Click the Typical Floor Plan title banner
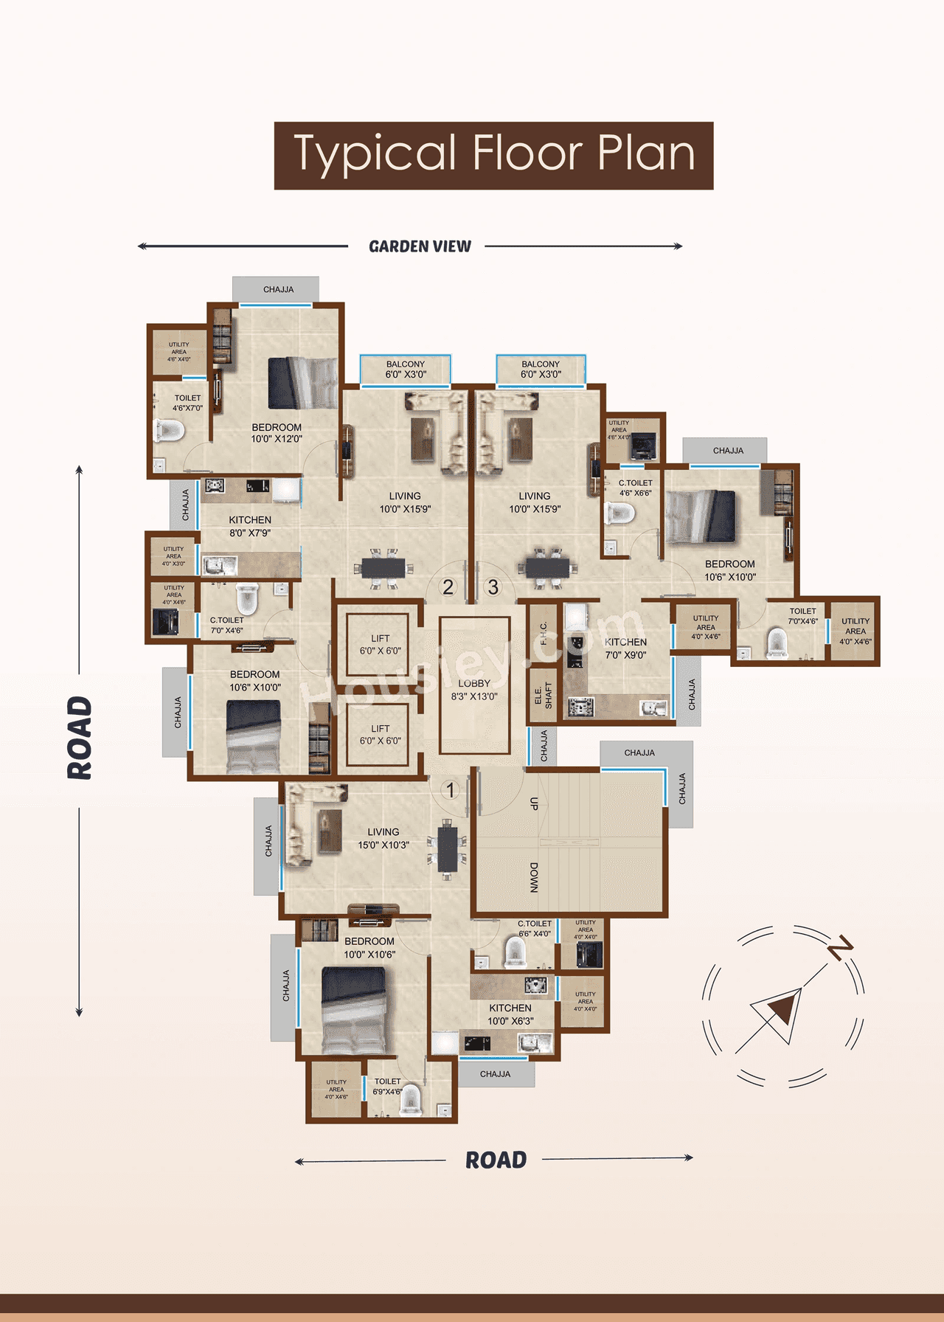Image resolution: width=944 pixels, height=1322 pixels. pyautogui.click(x=493, y=156)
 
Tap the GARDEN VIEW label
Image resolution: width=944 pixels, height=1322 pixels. pyautogui.click(x=420, y=246)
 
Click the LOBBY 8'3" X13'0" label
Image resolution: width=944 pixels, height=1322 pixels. pyautogui.click(x=474, y=690)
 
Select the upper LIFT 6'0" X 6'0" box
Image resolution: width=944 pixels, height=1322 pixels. pyautogui.click(x=380, y=644)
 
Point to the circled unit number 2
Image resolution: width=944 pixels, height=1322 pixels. pyautogui.click(x=448, y=587)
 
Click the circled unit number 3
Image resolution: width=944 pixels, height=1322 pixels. pyautogui.click(x=493, y=587)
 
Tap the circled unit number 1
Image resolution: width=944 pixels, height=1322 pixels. pyautogui.click(x=450, y=790)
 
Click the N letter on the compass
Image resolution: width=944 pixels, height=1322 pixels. pyautogui.click(x=840, y=946)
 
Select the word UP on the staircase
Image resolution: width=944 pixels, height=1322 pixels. pyautogui.click(x=534, y=804)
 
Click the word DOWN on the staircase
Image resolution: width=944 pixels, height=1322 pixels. pyautogui.click(x=534, y=878)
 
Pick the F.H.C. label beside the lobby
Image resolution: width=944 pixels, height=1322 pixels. pyautogui.click(x=544, y=633)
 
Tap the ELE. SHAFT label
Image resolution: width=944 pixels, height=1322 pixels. pyautogui.click(x=543, y=695)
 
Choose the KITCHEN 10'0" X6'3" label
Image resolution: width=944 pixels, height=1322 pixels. pyautogui.click(x=510, y=1014)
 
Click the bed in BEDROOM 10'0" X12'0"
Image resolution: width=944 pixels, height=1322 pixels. pyautogui.click(x=302, y=383)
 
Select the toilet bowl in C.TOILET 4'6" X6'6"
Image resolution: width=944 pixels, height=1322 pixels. pyautogui.click(x=619, y=513)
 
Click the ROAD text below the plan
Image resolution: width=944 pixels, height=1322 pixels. pyautogui.click(x=496, y=1160)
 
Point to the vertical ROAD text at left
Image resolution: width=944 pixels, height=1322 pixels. pyautogui.click(x=80, y=738)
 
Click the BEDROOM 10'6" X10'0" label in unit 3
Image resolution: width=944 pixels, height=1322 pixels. pyautogui.click(x=729, y=570)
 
